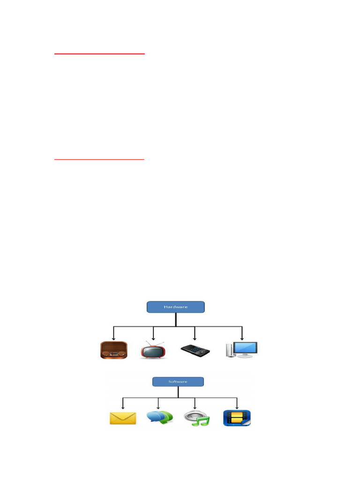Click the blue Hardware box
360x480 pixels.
pyautogui.click(x=176, y=307)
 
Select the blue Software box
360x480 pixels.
pyautogui.click(x=178, y=382)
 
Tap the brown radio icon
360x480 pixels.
pyautogui.click(x=114, y=350)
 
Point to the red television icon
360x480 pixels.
pyautogui.click(x=153, y=351)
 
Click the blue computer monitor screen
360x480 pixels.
pyautogui.click(x=246, y=348)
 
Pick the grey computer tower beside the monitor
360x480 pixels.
pyautogui.click(x=229, y=351)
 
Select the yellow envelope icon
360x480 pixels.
pyautogui.click(x=123, y=417)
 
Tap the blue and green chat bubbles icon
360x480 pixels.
pyautogui.click(x=159, y=417)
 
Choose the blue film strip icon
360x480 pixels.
pyautogui.click(x=237, y=418)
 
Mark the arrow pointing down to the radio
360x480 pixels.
pyautogui.click(x=113, y=334)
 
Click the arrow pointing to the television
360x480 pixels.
pyautogui.click(x=153, y=334)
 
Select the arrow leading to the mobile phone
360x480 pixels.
pyautogui.click(x=195, y=334)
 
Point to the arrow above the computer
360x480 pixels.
pyautogui.click(x=242, y=334)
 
